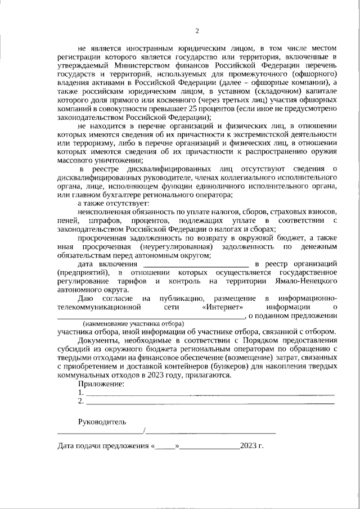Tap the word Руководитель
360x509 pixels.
coord(102,421)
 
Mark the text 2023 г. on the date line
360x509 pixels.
coord(251,447)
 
